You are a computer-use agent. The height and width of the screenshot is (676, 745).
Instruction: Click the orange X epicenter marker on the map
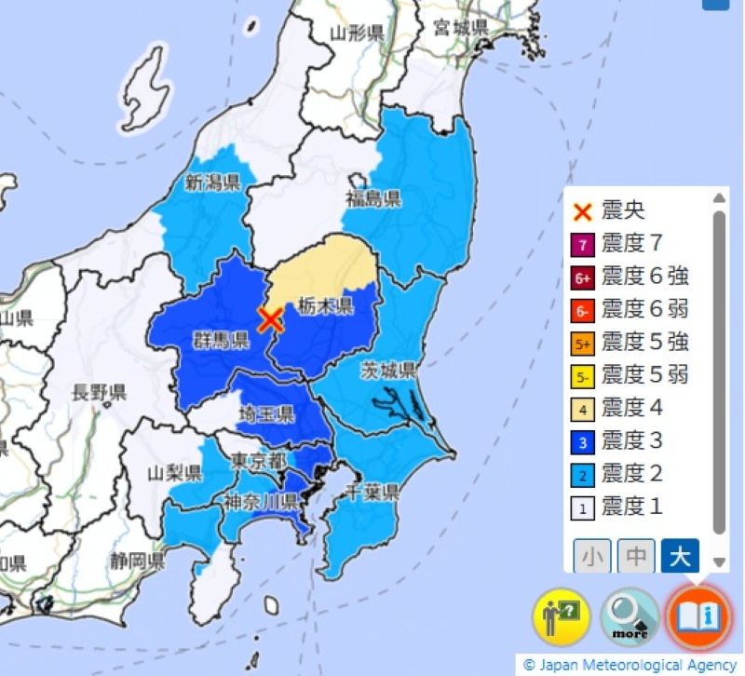[x=270, y=320]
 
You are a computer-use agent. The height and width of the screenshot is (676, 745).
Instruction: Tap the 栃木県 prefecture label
[x=326, y=306]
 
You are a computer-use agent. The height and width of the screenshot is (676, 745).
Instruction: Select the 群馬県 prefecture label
[x=221, y=340]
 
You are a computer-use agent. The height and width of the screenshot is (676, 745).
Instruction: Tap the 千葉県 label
[x=372, y=491]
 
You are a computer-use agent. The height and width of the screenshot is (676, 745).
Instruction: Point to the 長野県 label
[x=99, y=392]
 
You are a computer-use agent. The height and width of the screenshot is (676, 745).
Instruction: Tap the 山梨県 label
[x=174, y=473]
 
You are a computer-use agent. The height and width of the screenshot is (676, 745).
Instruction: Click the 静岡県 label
[x=136, y=561]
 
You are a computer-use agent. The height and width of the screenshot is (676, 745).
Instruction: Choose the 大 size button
[x=680, y=557]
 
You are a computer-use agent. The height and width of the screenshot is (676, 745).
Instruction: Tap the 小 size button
[x=591, y=557]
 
